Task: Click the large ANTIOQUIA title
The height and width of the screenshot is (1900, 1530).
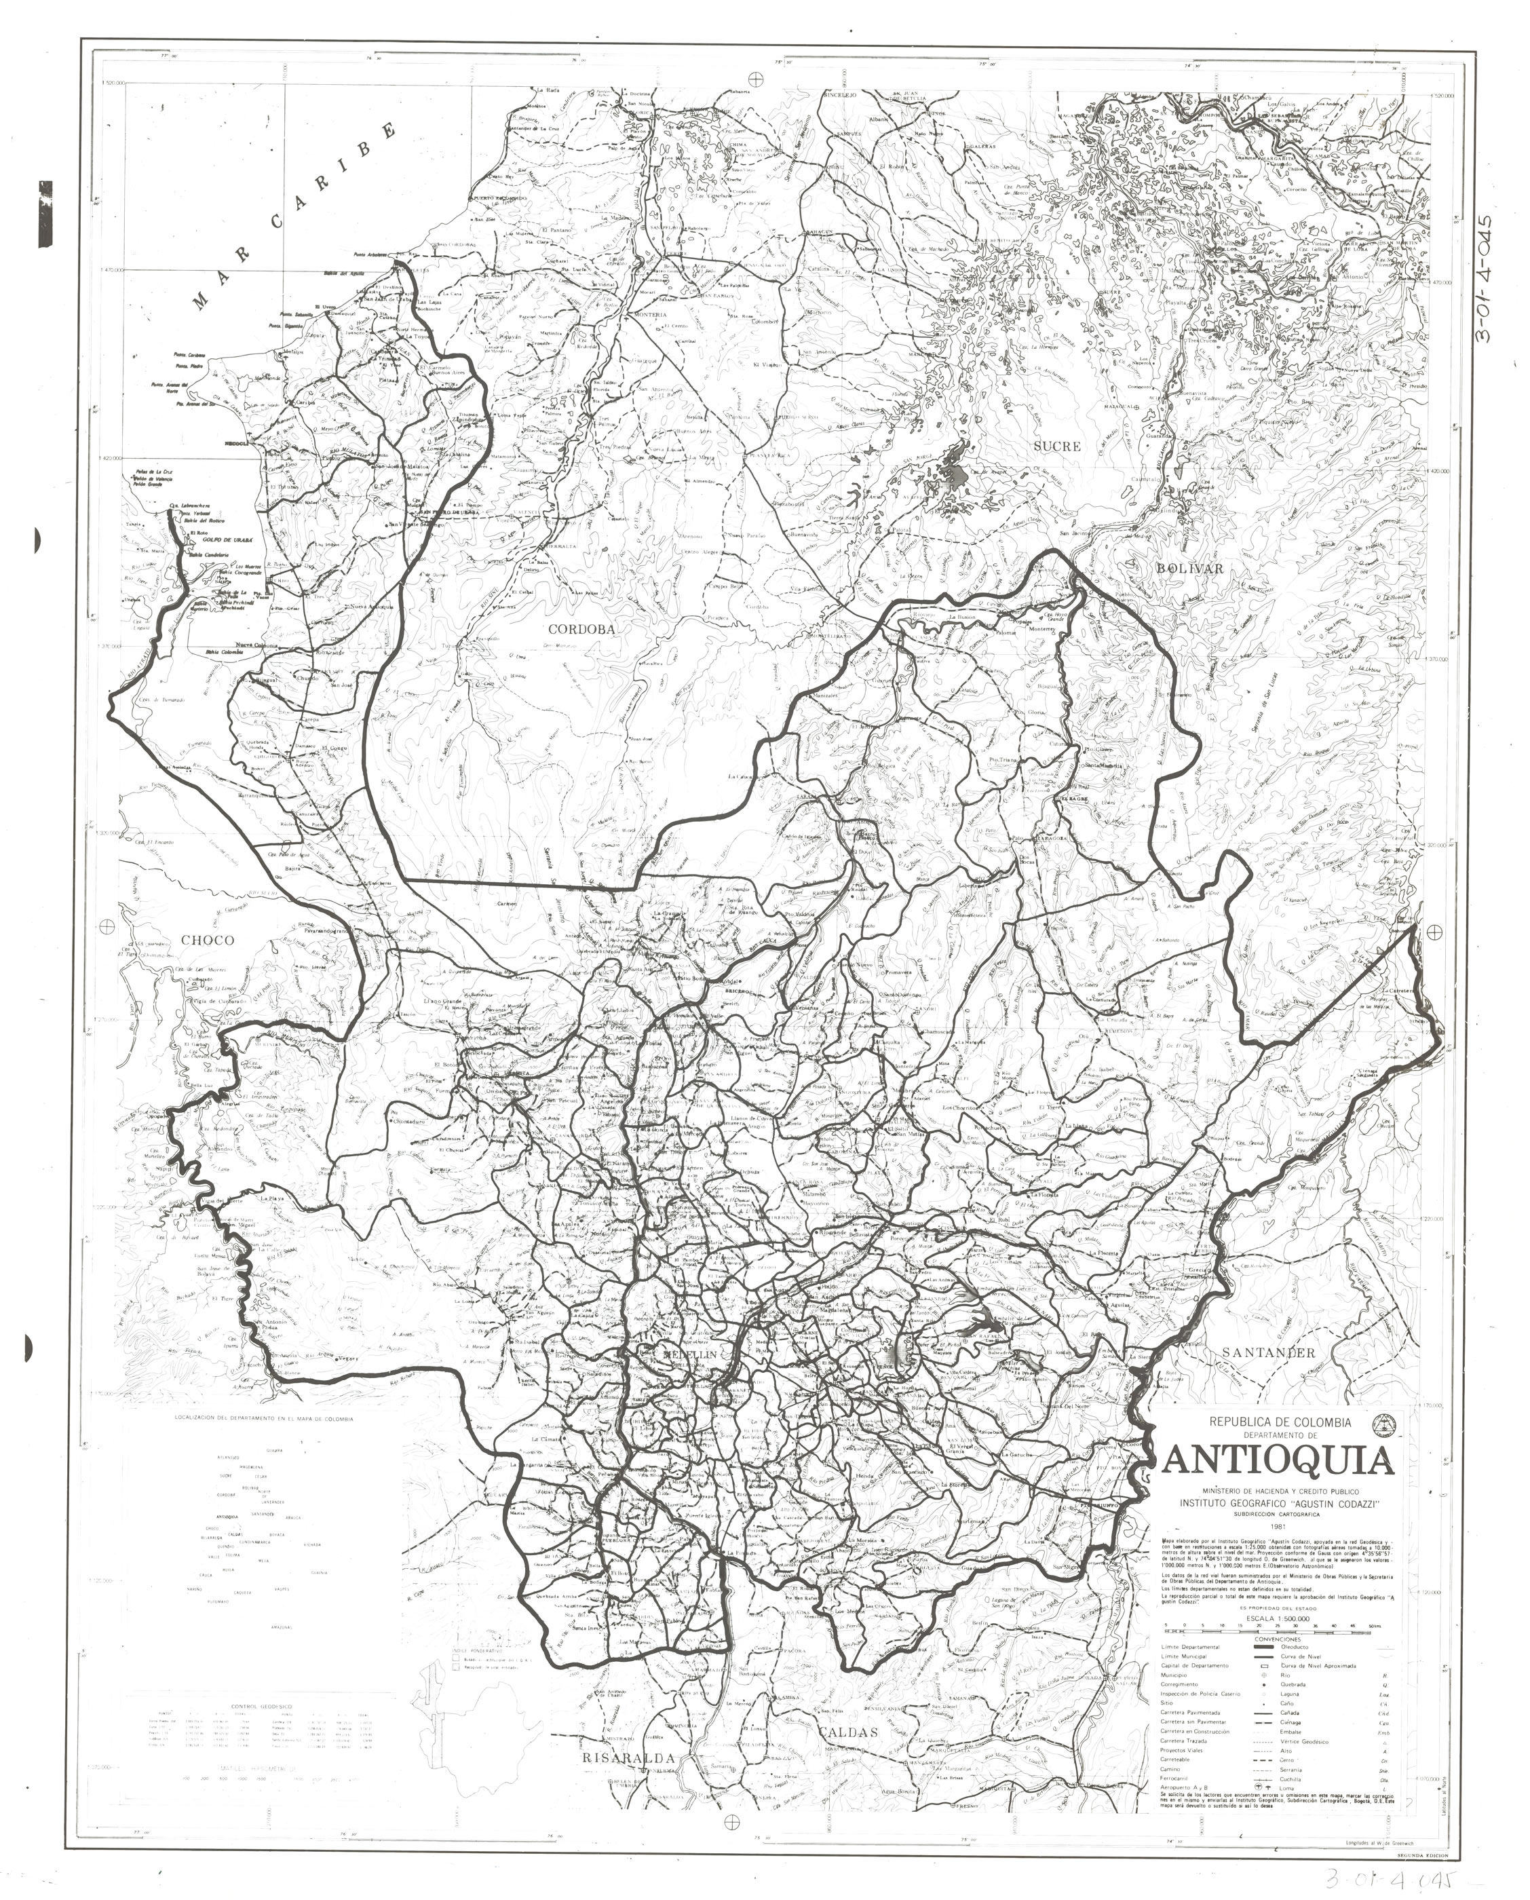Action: pyautogui.click(x=1280, y=1461)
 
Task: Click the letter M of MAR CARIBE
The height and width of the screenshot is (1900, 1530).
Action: pyautogui.click(x=201, y=302)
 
